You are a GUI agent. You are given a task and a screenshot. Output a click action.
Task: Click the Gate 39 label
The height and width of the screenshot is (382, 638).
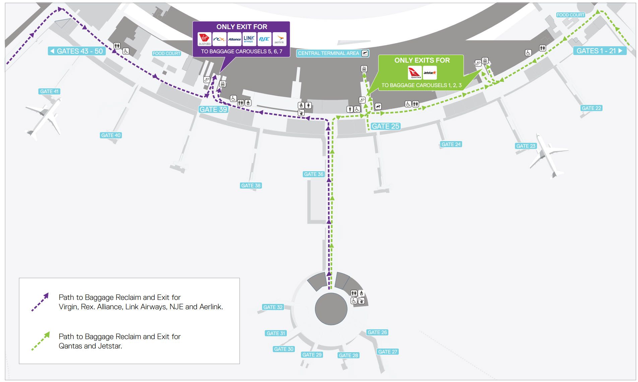[x=213, y=110]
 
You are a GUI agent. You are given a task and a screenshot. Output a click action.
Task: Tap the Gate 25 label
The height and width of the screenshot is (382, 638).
[x=385, y=126]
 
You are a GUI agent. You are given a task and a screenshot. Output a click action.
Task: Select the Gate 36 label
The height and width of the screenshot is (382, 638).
[x=314, y=174]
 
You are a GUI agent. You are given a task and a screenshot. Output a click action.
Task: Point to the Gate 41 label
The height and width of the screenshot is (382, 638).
[x=49, y=91]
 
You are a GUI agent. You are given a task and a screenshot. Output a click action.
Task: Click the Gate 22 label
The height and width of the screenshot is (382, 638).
[x=591, y=108]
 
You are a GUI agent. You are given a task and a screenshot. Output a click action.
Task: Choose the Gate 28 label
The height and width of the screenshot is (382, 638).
[x=348, y=356]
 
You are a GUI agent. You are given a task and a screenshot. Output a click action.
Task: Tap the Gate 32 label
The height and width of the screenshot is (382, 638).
[x=273, y=307]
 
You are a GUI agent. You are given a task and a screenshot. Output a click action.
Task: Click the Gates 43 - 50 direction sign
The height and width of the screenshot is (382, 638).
[x=76, y=51]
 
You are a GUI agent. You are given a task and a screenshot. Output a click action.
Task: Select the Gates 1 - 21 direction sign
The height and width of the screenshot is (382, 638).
[x=599, y=51]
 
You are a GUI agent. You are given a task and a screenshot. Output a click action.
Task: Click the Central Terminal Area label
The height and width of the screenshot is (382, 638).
[x=333, y=53]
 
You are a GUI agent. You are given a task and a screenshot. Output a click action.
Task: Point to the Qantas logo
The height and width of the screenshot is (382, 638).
[x=415, y=73]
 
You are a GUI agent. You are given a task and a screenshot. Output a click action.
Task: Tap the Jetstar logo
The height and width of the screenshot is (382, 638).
[x=430, y=73]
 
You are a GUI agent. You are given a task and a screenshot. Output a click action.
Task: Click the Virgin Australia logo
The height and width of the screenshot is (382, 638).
[x=204, y=39]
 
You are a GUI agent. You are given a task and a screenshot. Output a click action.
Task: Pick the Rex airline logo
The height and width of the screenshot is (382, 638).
[x=219, y=39]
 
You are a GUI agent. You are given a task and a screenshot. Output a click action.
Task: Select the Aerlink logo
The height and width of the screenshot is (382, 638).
[x=279, y=39]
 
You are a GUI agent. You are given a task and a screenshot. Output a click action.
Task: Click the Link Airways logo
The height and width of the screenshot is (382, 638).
[x=249, y=39]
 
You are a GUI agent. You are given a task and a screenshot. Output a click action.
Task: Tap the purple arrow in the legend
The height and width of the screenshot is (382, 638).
[x=40, y=302]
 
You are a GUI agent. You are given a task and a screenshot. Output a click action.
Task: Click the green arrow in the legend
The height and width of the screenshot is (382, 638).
[x=41, y=341]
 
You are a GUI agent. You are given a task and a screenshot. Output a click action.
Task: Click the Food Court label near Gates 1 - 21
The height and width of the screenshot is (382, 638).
[x=570, y=15]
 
